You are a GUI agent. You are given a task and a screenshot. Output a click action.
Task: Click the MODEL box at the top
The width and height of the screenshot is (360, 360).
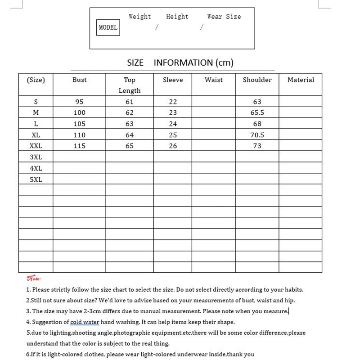[x=108, y=27]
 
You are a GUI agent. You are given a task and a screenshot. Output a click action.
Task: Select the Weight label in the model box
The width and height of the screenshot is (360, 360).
[x=139, y=17]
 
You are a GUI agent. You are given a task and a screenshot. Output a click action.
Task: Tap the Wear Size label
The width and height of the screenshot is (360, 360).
[x=224, y=17]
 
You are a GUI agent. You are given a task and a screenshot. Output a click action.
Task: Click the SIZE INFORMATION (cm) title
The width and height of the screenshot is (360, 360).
[x=180, y=63]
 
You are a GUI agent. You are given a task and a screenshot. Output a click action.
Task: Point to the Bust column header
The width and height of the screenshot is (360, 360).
[x=79, y=80]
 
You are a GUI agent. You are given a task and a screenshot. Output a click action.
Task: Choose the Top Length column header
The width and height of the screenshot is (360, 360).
[x=130, y=85]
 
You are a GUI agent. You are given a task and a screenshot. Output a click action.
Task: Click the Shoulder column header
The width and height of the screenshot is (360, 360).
[x=257, y=80]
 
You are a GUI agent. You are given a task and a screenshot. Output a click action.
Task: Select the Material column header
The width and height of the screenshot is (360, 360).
[x=301, y=80]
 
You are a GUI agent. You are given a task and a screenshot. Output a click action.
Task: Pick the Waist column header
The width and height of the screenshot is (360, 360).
[x=213, y=80]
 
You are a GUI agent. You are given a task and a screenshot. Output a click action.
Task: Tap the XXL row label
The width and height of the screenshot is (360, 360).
[x=36, y=146]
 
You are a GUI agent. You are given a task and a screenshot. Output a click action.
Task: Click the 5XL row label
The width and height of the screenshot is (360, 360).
[x=36, y=179]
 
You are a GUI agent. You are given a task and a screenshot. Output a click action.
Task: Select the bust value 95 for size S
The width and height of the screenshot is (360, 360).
[x=79, y=102]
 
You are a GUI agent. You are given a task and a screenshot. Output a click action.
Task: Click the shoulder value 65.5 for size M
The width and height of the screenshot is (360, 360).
[x=257, y=112]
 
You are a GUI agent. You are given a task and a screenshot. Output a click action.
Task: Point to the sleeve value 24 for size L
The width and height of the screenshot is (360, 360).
[x=173, y=124]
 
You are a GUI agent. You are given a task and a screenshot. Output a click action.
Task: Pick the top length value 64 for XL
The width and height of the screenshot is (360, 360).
[x=130, y=135]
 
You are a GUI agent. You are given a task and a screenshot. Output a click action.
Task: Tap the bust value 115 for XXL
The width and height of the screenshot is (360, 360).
[x=79, y=146]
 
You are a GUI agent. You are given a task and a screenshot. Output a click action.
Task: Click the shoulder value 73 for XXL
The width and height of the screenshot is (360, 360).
[x=257, y=146]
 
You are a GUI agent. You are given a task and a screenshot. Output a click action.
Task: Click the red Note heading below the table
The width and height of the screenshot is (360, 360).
[x=34, y=279]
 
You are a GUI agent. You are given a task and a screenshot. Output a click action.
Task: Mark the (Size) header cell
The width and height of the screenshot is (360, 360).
[x=36, y=80]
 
